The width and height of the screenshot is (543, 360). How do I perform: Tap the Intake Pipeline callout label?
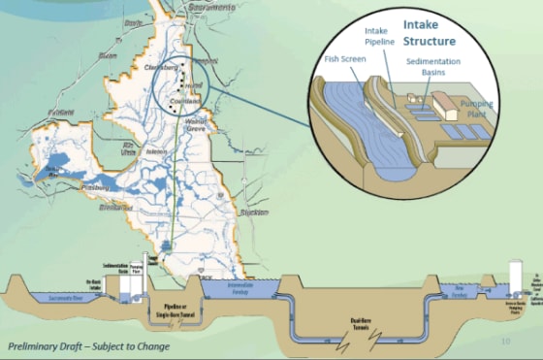(380, 37)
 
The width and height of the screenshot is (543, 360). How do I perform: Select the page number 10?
(505, 341)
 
